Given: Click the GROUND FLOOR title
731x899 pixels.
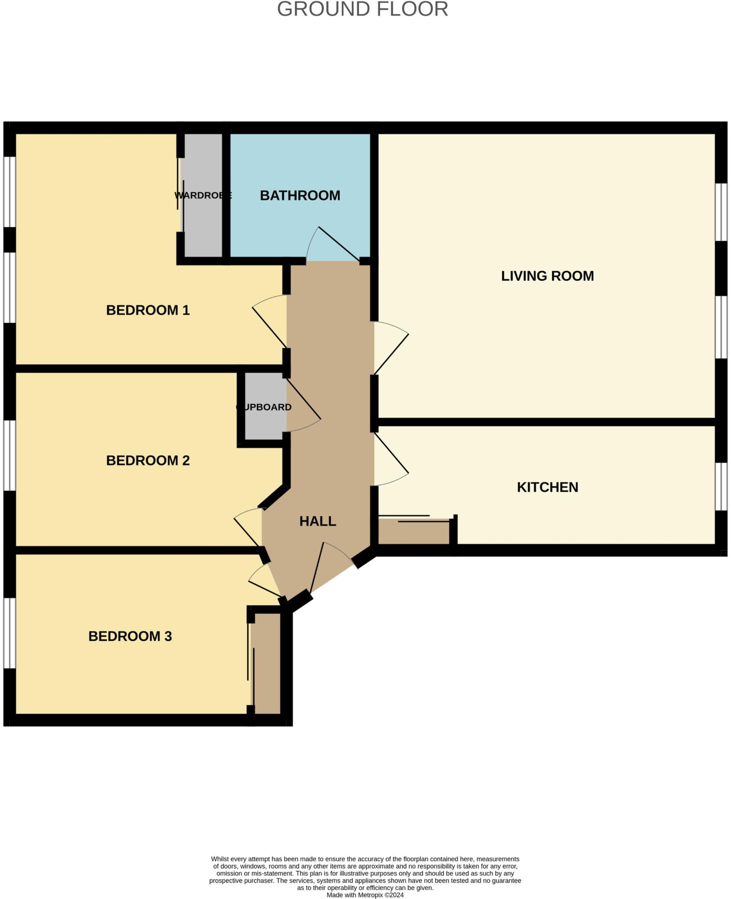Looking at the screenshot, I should [x=362, y=10].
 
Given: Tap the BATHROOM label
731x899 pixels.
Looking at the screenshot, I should [x=300, y=195].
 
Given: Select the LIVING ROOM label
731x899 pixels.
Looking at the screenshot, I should [x=547, y=276].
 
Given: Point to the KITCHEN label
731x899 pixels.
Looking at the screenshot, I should [x=547, y=487].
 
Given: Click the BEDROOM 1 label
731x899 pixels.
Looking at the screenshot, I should [x=148, y=310].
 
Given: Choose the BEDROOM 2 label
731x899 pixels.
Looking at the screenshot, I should [x=148, y=460].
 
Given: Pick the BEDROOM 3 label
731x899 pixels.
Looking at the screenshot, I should [x=130, y=636].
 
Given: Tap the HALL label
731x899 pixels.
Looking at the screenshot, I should [x=317, y=521].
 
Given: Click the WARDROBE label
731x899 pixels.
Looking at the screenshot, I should [x=202, y=195].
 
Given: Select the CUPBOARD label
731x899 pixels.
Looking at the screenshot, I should [x=264, y=407].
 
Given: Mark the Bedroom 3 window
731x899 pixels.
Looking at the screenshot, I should [x=9, y=633].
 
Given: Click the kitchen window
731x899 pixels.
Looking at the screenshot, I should [x=721, y=486].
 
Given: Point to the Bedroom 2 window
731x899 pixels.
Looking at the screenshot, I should [x=9, y=455].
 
